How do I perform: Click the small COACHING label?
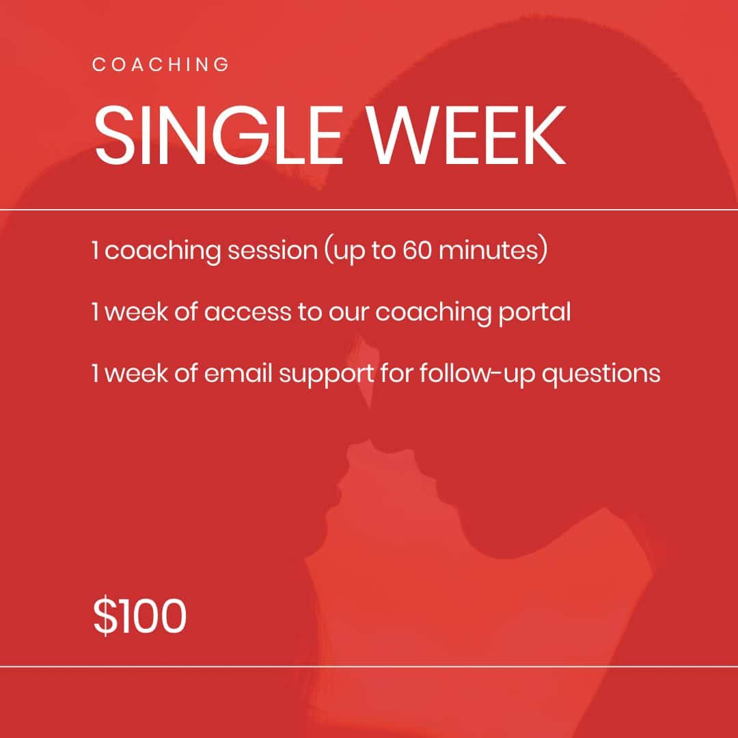[161, 64]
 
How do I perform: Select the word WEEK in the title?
[467, 135]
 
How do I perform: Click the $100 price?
[140, 616]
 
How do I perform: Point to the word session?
[273, 250]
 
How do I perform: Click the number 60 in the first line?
[417, 250]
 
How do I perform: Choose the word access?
[247, 312]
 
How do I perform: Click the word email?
[238, 374]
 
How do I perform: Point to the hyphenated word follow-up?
[477, 374]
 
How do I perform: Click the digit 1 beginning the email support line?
[96, 374]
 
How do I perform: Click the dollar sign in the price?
[105, 616]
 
